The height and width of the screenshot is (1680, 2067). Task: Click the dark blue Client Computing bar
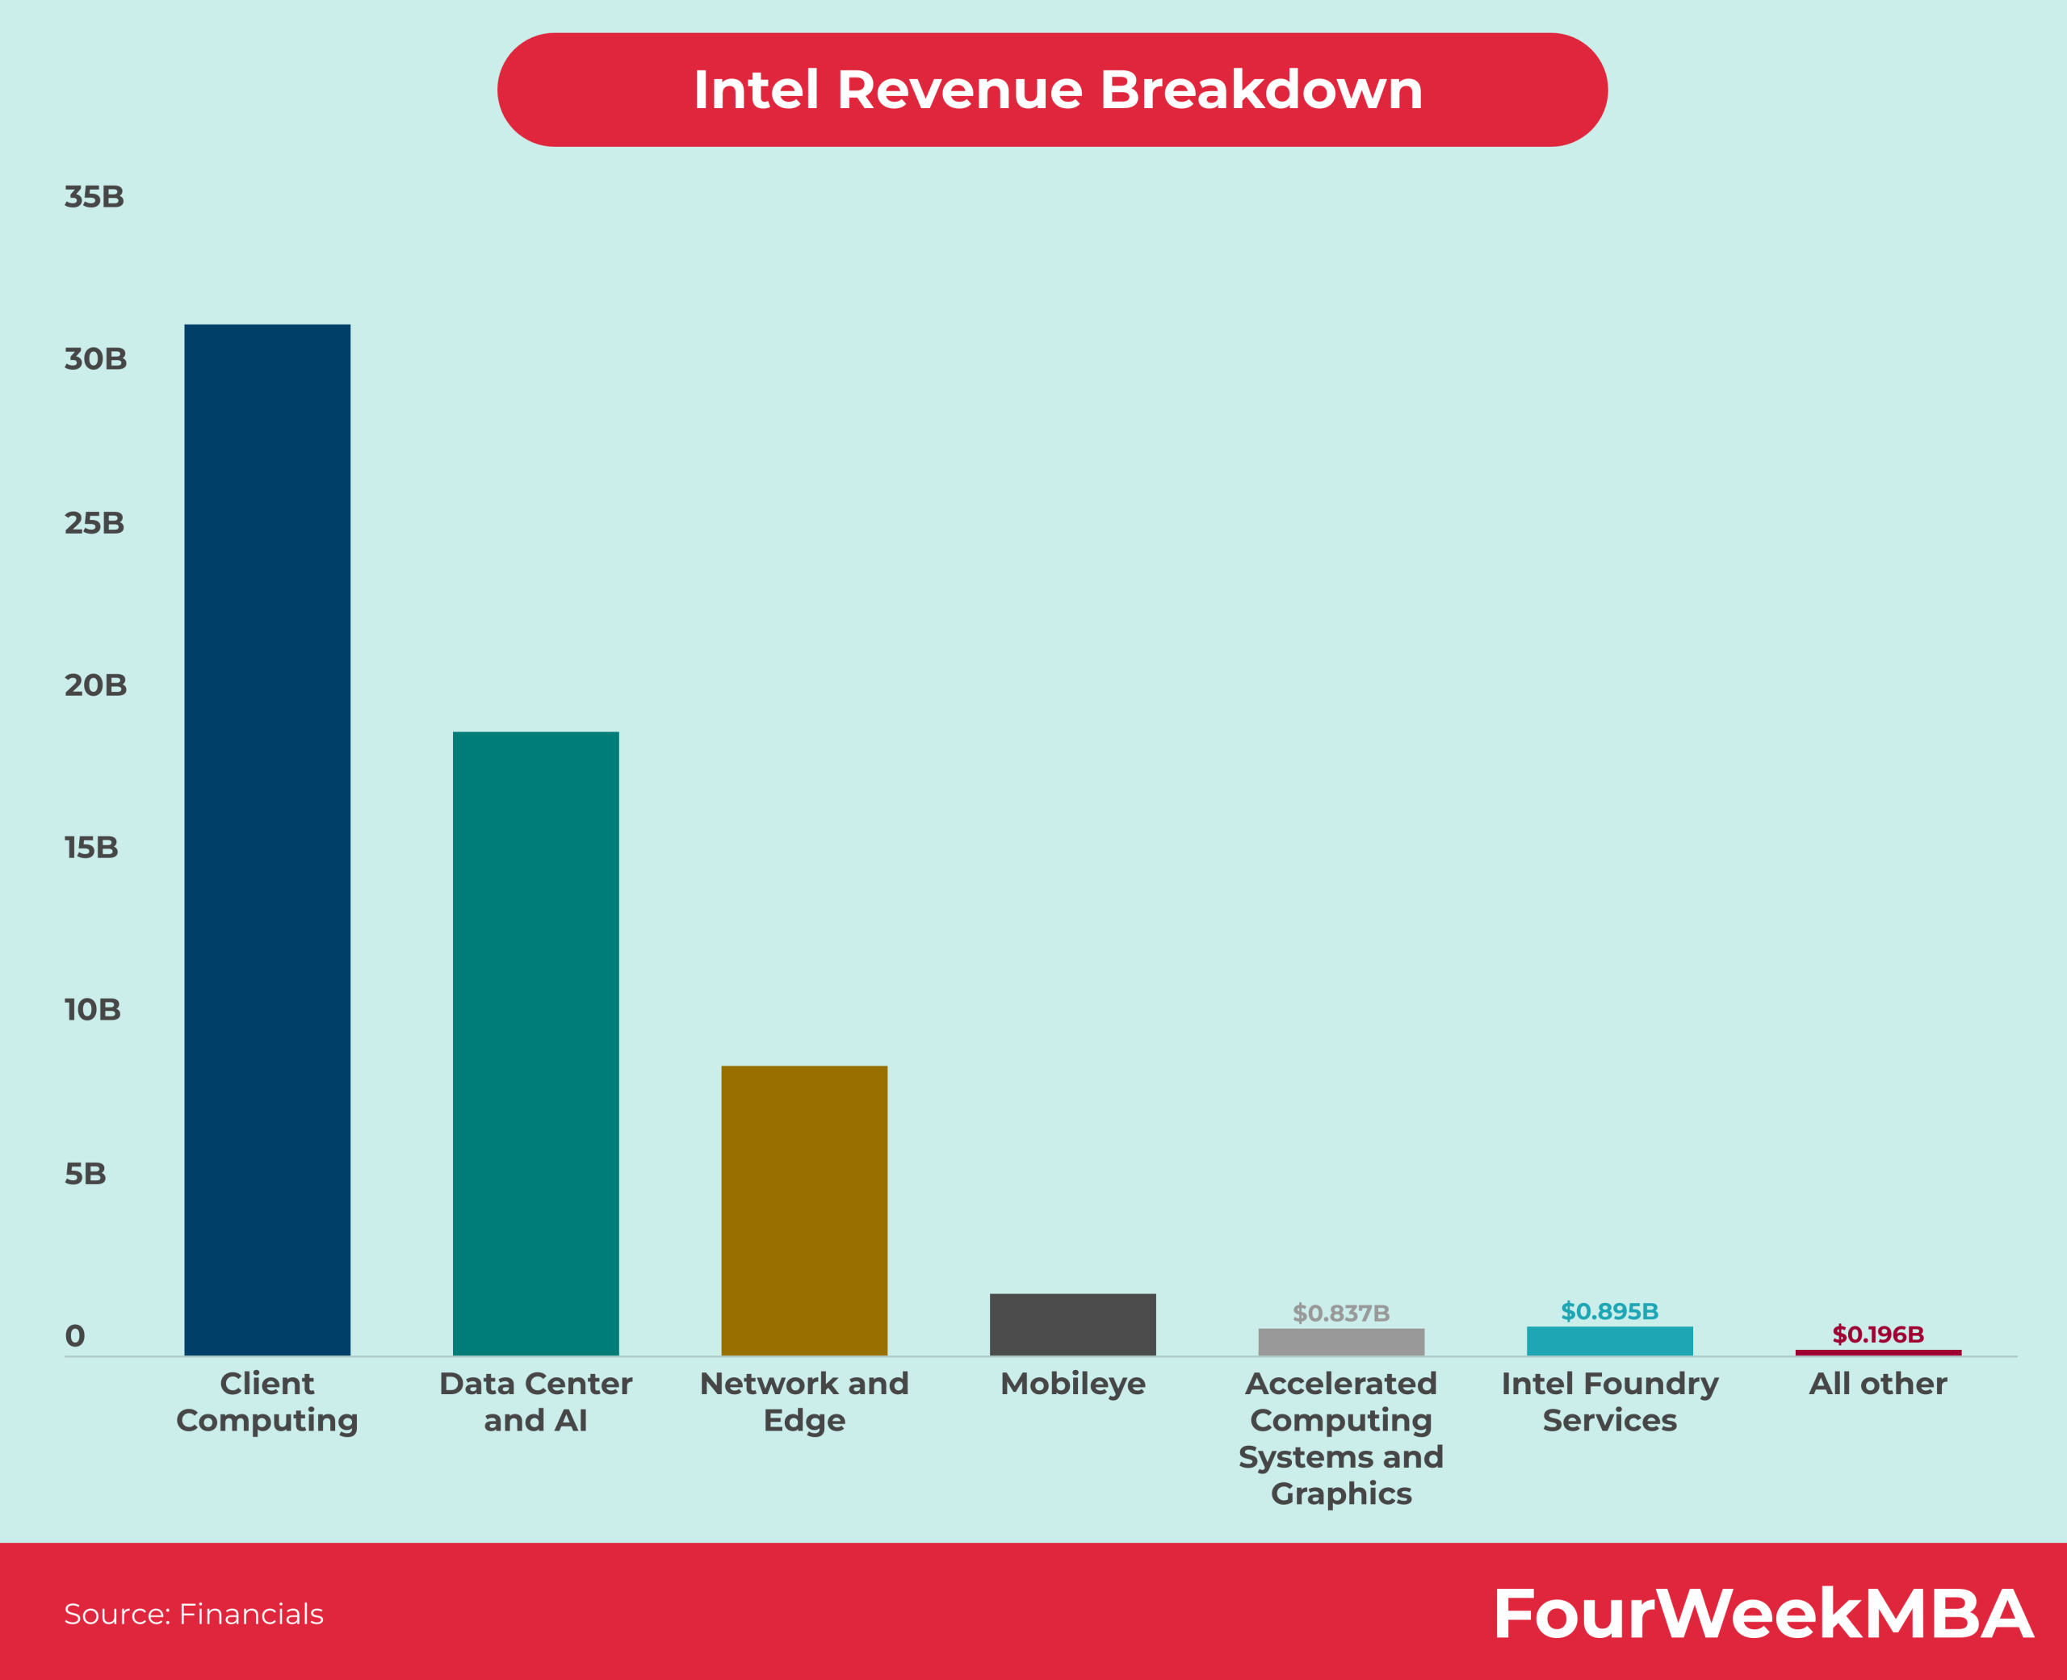pyautogui.click(x=267, y=839)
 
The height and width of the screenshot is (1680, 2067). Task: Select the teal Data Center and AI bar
pyautogui.click(x=535, y=1043)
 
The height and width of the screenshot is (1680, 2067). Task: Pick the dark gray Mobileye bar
pyautogui.click(x=1072, y=1324)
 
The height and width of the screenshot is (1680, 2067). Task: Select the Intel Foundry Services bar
pyautogui.click(x=1609, y=1340)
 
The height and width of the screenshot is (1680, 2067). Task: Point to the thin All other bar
pyautogui.click(x=1878, y=1352)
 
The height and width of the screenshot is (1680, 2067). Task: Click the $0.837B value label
pyautogui.click(x=1341, y=1313)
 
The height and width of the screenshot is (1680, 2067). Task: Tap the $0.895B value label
pyautogui.click(x=1609, y=1311)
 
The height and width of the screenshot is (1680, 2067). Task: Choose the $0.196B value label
pyautogui.click(x=1878, y=1334)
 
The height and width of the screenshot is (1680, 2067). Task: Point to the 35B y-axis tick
pyautogui.click(x=94, y=198)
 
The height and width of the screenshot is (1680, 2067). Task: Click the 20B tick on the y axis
pyautogui.click(x=94, y=685)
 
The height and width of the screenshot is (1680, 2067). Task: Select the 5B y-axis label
pyautogui.click(x=85, y=1174)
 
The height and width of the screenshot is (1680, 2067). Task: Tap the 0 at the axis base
pyautogui.click(x=74, y=1336)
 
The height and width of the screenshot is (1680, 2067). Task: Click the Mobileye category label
pyautogui.click(x=1072, y=1384)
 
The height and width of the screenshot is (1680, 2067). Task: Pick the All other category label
pyautogui.click(x=1878, y=1384)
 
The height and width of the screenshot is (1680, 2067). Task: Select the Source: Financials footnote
pyautogui.click(x=194, y=1614)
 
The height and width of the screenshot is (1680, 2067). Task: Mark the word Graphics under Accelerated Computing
pyautogui.click(x=1341, y=1494)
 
